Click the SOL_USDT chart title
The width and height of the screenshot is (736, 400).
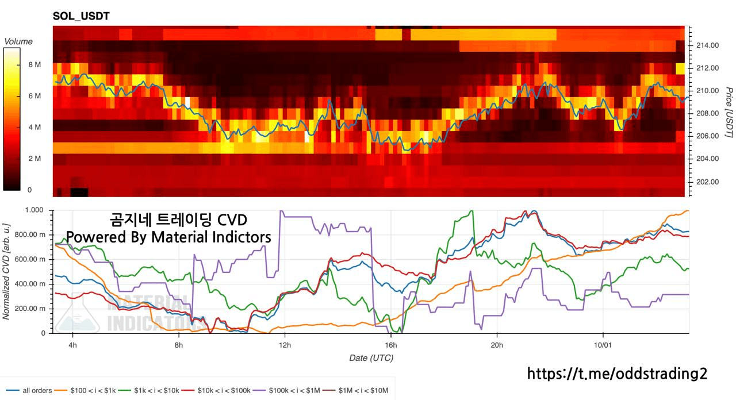click(81, 17)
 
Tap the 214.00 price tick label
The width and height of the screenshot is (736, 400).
click(707, 45)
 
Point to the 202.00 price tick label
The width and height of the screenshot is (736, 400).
click(707, 182)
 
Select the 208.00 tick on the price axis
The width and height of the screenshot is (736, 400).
click(707, 114)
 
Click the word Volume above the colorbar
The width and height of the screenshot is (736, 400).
click(18, 41)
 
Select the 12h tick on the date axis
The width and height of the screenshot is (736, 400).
click(285, 345)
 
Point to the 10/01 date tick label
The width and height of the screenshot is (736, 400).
click(603, 345)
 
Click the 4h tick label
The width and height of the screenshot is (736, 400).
click(72, 345)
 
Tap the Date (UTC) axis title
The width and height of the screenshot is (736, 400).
click(371, 358)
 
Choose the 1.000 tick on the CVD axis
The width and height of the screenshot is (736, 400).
click(36, 210)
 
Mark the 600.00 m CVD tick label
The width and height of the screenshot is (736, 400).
click(32, 259)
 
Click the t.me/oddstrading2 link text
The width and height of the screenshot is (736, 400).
click(617, 374)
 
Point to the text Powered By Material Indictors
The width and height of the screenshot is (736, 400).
click(168, 237)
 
